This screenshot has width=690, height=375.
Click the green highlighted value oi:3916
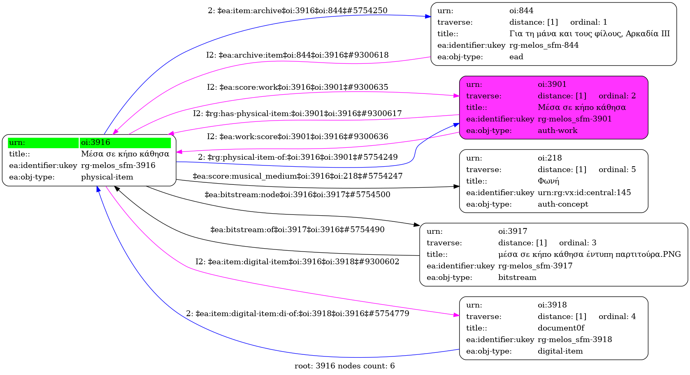95,142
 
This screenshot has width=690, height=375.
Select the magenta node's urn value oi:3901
552,84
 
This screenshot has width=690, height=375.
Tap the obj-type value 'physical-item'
107,177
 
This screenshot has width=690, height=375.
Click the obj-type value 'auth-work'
557,130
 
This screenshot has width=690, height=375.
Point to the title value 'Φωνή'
548,181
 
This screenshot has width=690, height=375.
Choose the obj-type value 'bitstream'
517,277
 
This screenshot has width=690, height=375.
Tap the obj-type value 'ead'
516,57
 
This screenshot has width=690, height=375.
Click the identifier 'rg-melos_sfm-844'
544,45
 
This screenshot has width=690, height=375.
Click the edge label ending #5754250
297,11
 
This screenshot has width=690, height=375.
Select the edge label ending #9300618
297,55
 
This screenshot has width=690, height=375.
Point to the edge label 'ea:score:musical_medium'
297,176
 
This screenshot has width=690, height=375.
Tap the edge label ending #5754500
297,194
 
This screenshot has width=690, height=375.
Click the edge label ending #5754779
297,314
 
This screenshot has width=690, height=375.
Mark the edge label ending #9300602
297,262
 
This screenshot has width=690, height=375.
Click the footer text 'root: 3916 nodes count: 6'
344,366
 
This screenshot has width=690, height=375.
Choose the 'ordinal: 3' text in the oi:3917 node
577,243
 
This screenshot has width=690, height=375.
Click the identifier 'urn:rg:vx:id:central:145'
584,193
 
